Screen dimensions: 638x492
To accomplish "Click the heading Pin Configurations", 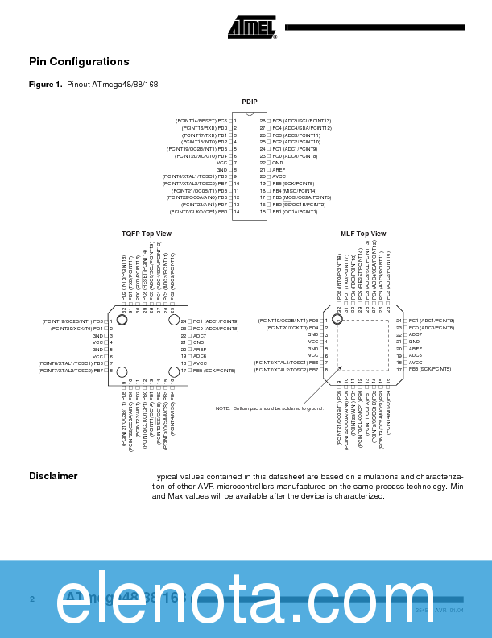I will coord(79,62).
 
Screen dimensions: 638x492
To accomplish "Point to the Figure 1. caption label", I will coord(45,85).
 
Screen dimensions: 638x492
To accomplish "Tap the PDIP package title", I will coord(250,101).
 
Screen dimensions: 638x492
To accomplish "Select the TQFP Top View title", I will coord(146,234).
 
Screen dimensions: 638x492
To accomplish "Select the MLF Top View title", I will coord(362,234).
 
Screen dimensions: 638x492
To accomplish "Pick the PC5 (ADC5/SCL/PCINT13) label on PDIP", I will coord(301,120).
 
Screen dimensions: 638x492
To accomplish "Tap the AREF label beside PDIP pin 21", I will coord(279,170).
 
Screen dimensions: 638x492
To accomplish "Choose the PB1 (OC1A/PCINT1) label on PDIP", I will coord(295,212).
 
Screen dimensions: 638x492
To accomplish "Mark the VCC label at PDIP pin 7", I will coord(222,163).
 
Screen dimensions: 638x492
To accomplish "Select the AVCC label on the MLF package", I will coord(416,362).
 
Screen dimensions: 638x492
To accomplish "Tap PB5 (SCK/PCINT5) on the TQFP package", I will coord(213,370).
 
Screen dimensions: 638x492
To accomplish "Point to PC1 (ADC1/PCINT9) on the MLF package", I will coord(431,321).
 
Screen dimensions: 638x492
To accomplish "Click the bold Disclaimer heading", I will coord(53,476).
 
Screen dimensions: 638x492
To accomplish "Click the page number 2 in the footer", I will coord(31,599).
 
